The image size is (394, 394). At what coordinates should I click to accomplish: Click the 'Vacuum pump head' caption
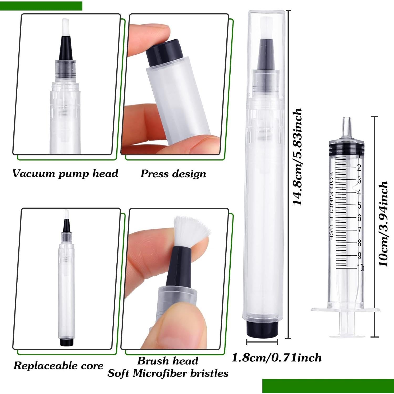[x=65, y=174]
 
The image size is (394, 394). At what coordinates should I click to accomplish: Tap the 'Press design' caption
[x=173, y=174]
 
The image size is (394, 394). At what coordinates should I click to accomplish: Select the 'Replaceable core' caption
[x=58, y=366]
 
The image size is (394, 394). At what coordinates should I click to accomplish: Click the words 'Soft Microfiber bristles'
[x=168, y=373]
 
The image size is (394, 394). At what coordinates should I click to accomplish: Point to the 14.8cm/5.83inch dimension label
[x=297, y=157]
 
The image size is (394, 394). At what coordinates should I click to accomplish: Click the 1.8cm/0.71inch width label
[x=276, y=358]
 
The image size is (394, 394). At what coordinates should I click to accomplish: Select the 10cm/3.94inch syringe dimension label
[x=383, y=224]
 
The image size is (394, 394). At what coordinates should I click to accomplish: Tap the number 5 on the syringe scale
[x=359, y=205]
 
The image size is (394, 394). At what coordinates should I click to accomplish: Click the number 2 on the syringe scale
[x=359, y=167]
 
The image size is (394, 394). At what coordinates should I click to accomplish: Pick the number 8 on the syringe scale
[x=359, y=243]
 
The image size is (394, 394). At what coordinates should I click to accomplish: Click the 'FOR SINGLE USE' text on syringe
[x=331, y=206]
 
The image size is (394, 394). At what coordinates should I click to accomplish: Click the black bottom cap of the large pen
[x=262, y=329]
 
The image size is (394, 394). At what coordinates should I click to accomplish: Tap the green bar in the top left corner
[x=41, y=6]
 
